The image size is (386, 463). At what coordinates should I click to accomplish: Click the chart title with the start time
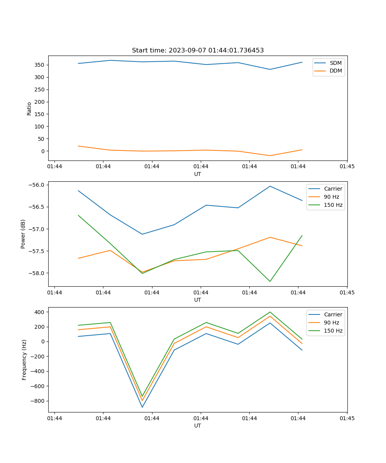point(198,51)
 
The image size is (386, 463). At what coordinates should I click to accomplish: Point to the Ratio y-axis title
point(29,108)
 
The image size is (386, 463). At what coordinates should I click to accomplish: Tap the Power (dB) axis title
point(23,234)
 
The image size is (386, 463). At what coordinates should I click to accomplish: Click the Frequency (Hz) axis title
point(24,360)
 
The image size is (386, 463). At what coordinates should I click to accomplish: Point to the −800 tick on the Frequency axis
point(38,401)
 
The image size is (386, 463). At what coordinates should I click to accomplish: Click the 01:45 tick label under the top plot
point(347,167)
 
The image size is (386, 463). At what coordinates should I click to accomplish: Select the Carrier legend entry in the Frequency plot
point(333,314)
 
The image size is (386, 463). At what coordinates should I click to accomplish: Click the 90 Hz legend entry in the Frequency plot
point(331,323)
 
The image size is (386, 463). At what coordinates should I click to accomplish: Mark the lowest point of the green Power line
point(270,281)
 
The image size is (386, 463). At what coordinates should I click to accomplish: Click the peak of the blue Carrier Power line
point(270,186)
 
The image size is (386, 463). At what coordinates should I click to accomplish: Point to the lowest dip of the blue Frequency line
point(142,407)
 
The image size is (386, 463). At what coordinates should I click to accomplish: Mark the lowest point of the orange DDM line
point(270,155)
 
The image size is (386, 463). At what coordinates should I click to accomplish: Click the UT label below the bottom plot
point(198,426)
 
